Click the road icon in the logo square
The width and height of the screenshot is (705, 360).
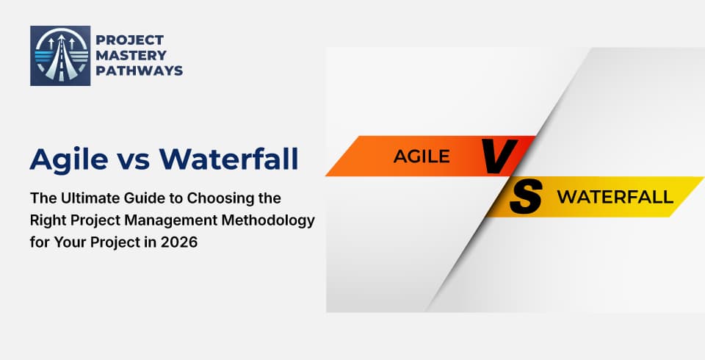pos(60,56)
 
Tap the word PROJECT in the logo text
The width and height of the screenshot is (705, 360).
pos(130,40)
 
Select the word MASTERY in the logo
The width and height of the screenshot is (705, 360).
pos(129,55)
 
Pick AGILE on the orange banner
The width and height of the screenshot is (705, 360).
pos(422,156)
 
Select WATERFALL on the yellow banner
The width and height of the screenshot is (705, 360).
pos(615,197)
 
